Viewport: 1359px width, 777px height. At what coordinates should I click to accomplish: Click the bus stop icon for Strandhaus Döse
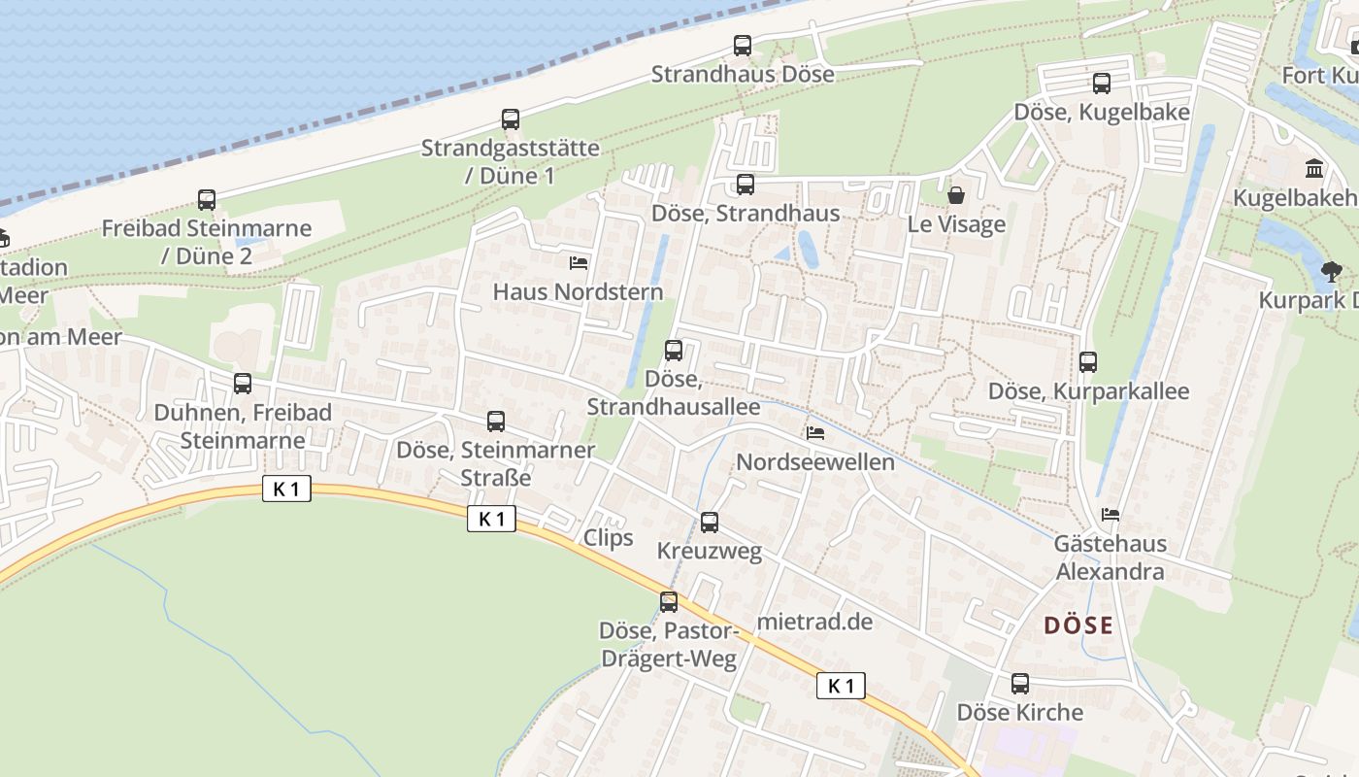(743, 46)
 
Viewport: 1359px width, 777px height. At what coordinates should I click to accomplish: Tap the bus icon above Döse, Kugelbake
(1101, 84)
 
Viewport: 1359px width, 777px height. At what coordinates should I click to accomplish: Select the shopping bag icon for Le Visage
(956, 196)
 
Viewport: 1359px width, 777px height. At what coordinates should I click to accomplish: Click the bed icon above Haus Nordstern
(579, 262)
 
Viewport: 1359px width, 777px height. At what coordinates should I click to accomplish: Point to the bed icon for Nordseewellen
(815, 432)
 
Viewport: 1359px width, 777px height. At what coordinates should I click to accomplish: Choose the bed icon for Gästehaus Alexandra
(1110, 514)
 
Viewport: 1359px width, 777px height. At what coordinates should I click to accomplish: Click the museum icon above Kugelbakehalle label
(1315, 169)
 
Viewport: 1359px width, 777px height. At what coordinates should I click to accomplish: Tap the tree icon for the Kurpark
(1330, 271)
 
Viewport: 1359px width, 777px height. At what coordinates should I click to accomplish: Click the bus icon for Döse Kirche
(1020, 684)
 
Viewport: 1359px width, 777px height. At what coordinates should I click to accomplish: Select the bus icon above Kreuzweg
(710, 523)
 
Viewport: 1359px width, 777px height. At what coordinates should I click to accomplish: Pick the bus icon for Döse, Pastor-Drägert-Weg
(669, 602)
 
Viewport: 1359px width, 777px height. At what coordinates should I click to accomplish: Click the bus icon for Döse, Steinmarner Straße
(496, 422)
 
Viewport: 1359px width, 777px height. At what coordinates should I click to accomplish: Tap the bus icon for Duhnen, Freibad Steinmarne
(243, 384)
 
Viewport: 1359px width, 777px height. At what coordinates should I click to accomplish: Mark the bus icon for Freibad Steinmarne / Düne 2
(207, 200)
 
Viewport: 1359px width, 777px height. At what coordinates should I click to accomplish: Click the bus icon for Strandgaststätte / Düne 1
(511, 119)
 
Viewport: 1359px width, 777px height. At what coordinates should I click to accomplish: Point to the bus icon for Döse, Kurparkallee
(1088, 362)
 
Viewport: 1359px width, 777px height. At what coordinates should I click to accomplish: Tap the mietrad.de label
(815, 622)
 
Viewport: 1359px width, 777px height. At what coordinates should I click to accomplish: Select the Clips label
(609, 538)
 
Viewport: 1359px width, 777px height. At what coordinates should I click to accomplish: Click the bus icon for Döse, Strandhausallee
(674, 351)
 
